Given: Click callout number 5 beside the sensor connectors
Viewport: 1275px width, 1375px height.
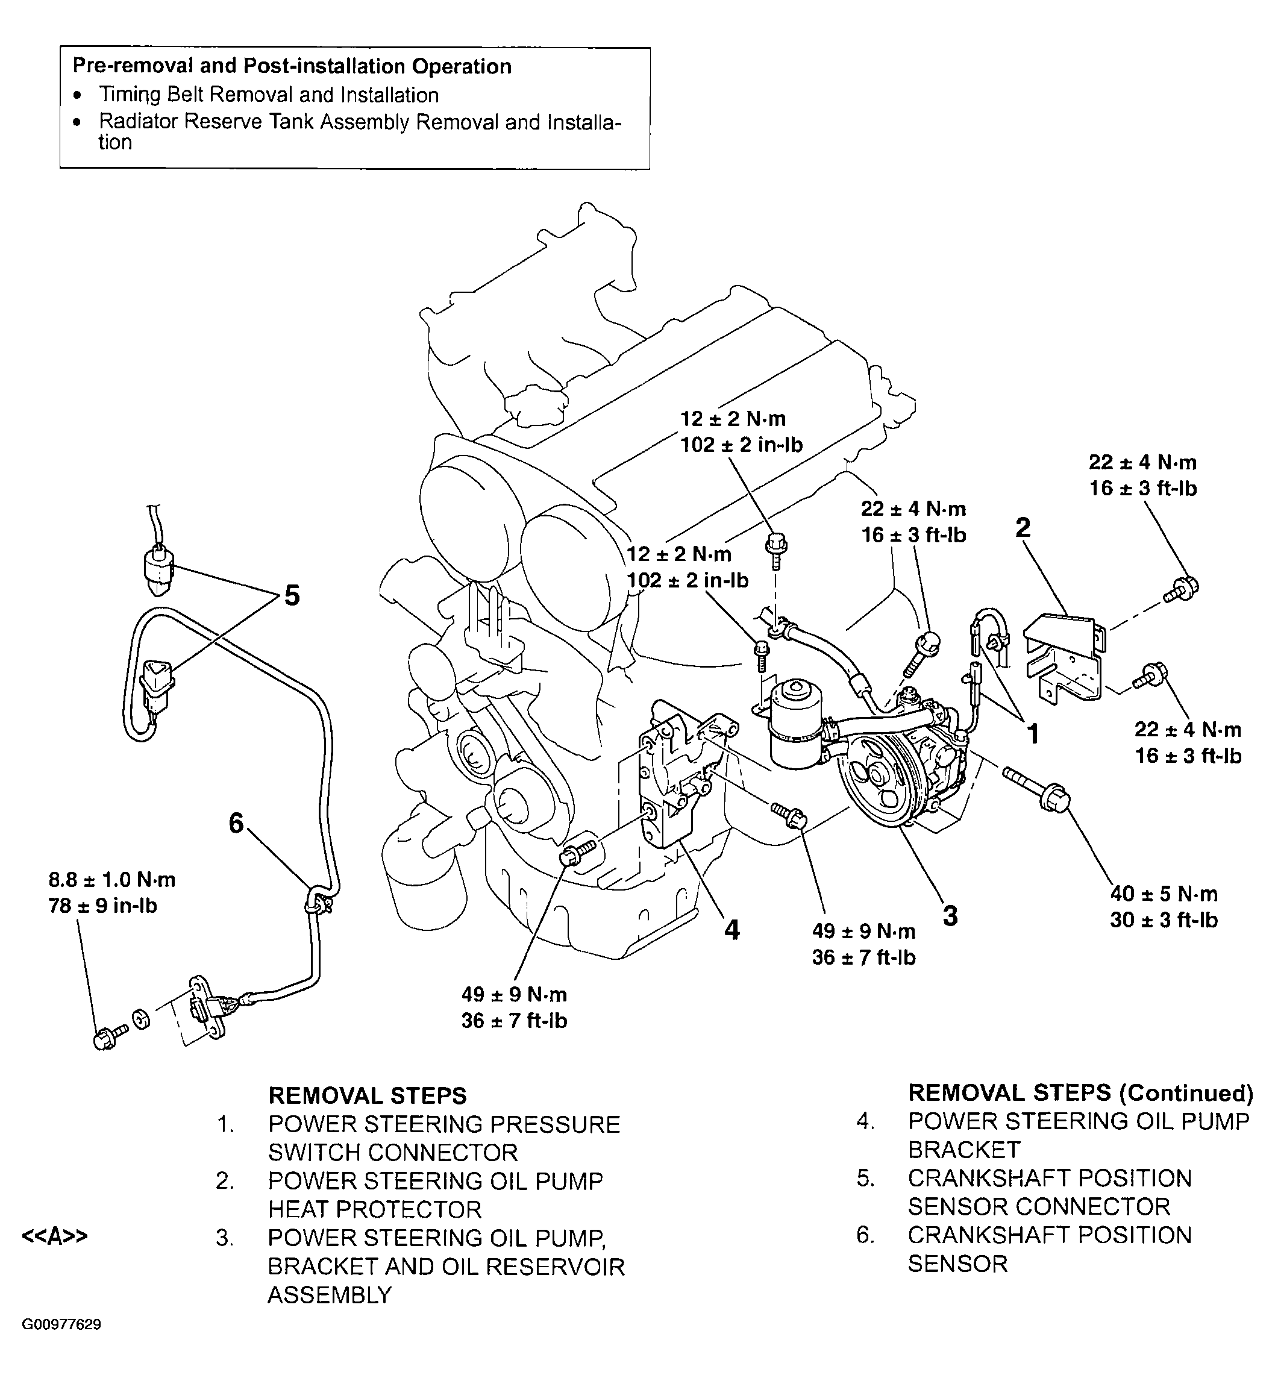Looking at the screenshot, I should pyautogui.click(x=292, y=595).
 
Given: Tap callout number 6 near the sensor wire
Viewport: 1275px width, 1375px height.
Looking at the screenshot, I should pyautogui.click(x=237, y=822).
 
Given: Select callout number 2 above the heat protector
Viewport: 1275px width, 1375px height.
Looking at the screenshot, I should pyautogui.click(x=1023, y=528).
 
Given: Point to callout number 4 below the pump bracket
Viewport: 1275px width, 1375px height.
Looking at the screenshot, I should pyautogui.click(x=731, y=930).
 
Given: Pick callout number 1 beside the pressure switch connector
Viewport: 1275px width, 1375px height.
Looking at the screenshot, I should pyautogui.click(x=1033, y=734).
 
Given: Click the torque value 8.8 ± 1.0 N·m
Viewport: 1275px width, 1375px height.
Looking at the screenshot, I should pyautogui.click(x=111, y=880).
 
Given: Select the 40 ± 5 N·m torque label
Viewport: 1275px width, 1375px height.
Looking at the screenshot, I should pyautogui.click(x=1164, y=894).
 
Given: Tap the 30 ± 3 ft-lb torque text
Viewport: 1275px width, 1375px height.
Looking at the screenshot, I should pyautogui.click(x=1164, y=919).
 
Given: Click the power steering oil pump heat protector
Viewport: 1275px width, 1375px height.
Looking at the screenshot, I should pyautogui.click(x=1065, y=656).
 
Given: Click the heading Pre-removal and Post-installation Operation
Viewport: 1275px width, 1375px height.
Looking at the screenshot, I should pyautogui.click(x=292, y=66).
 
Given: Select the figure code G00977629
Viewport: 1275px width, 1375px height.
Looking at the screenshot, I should pyautogui.click(x=62, y=1324).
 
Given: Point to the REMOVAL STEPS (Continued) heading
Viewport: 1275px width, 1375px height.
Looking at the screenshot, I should pyautogui.click(x=1080, y=1093).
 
